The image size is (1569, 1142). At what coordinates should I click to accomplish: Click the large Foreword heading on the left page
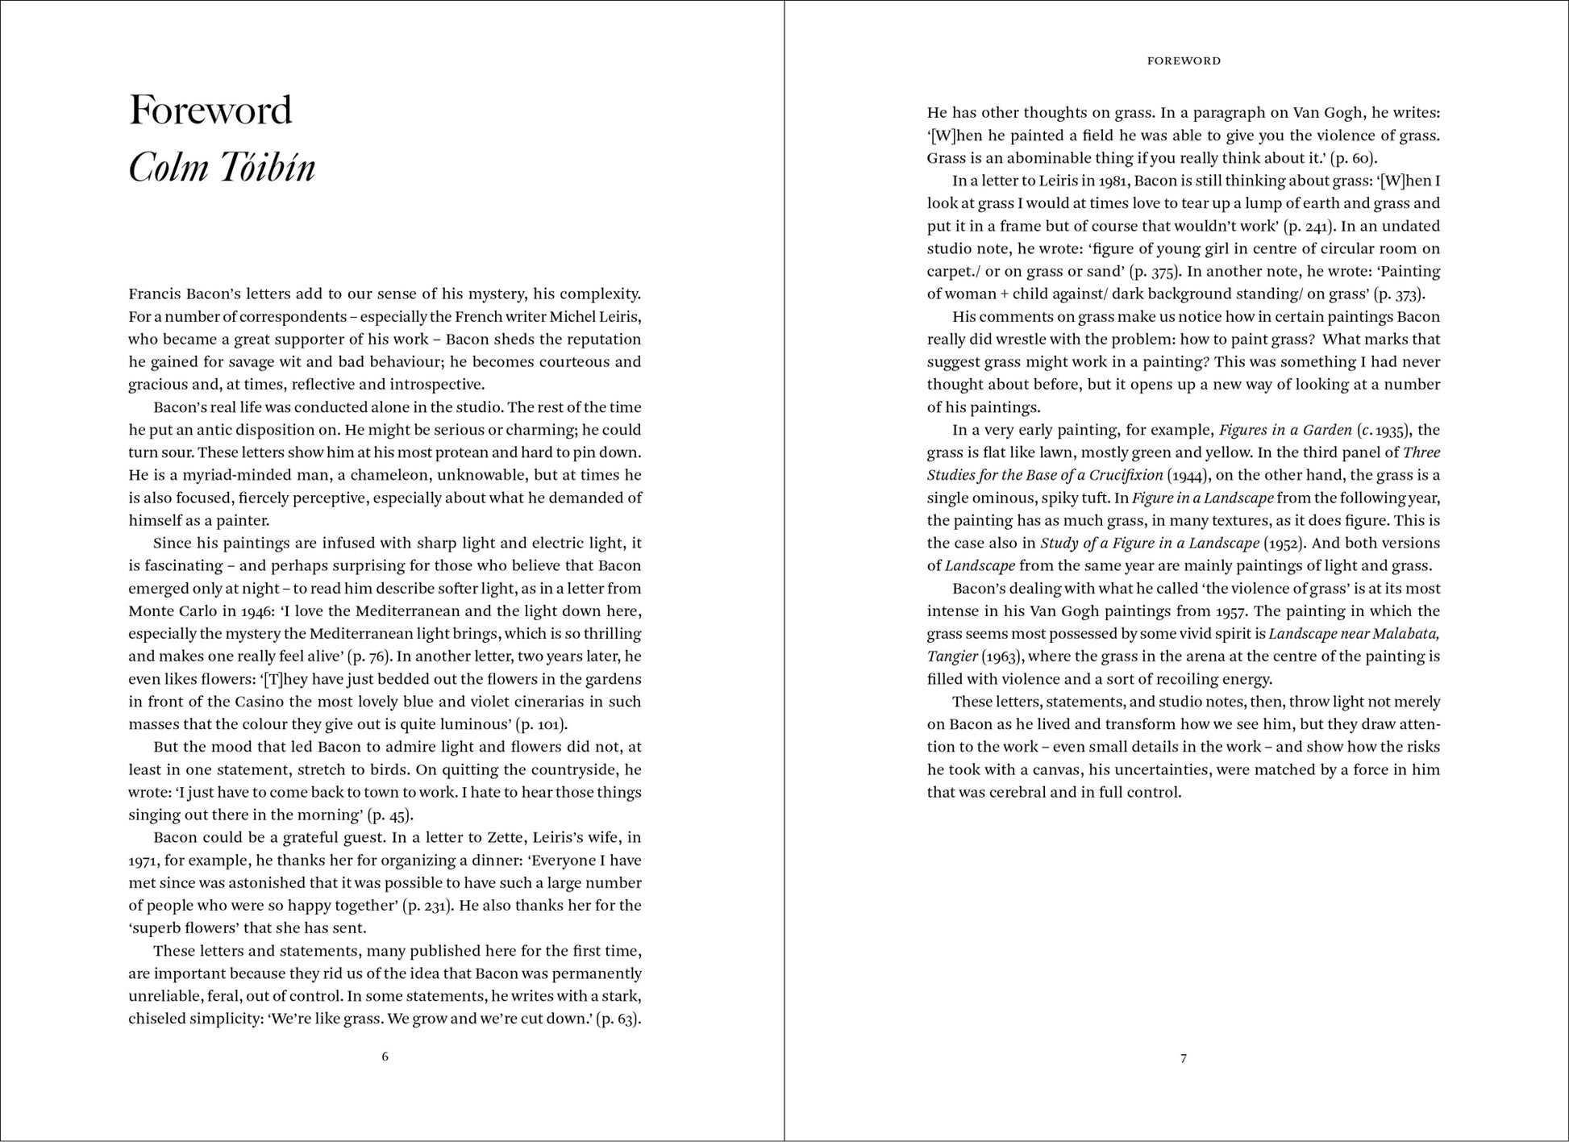[x=210, y=110]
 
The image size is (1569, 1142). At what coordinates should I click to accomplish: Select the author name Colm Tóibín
[x=222, y=168]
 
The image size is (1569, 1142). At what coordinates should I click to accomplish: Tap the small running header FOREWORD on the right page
[x=1184, y=60]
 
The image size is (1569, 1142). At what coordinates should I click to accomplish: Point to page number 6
[x=385, y=1057]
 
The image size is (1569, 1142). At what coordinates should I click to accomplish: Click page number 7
[x=1184, y=1058]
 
